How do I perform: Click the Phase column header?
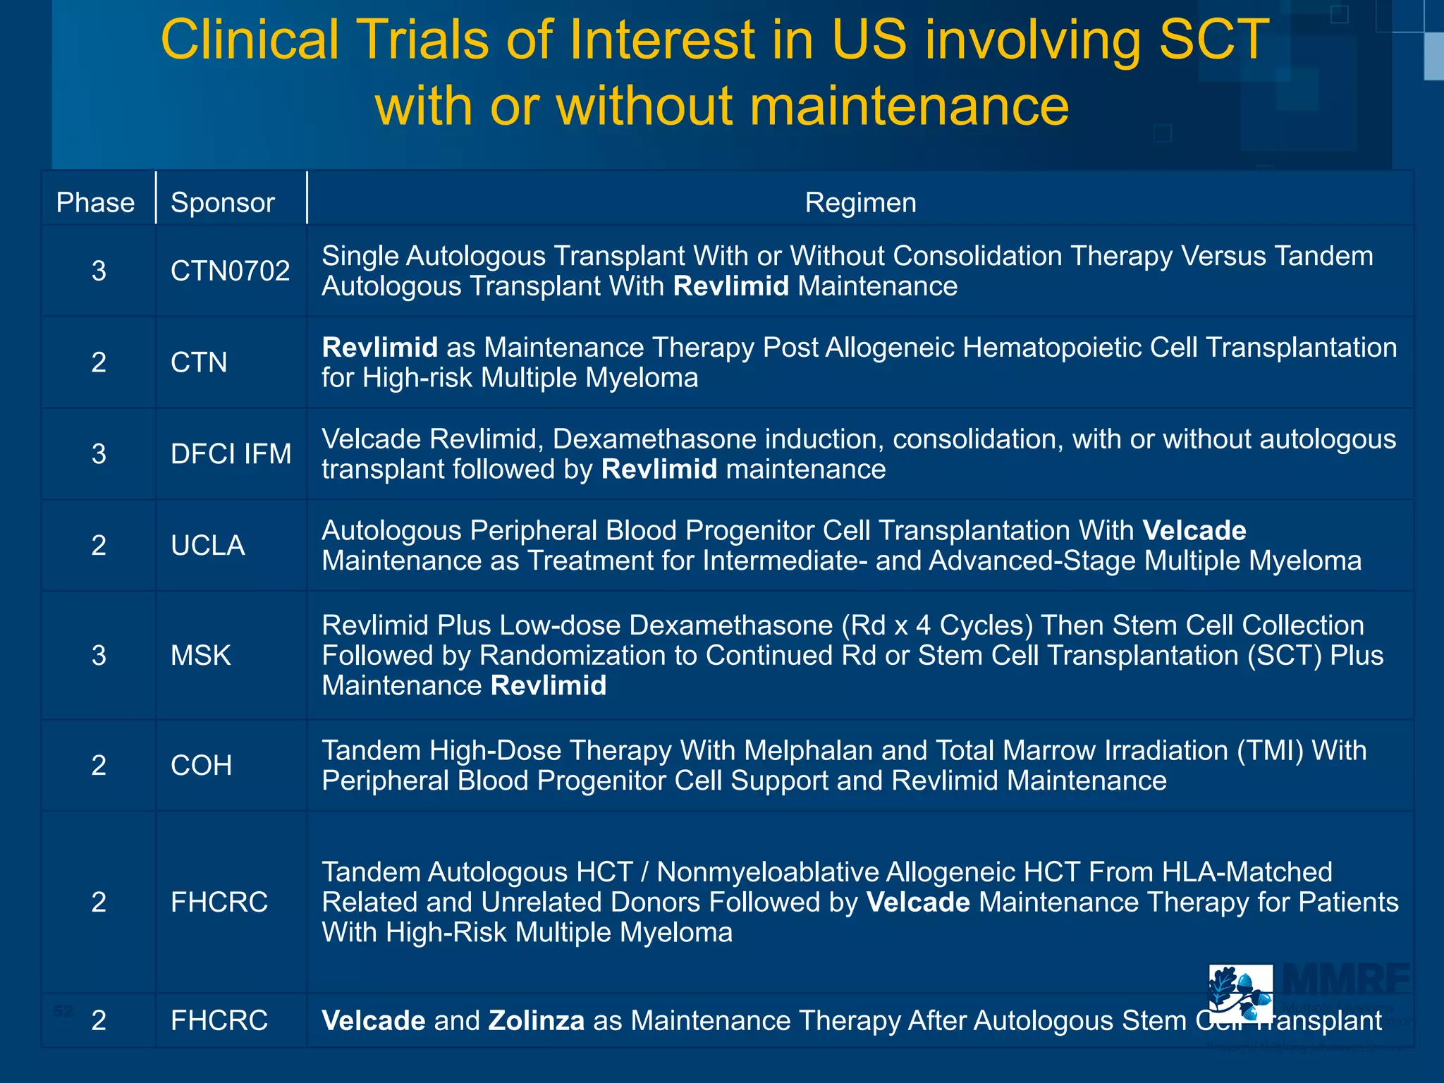[95, 202]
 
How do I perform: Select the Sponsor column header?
[222, 202]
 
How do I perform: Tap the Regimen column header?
[860, 202]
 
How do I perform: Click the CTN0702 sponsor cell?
[230, 271]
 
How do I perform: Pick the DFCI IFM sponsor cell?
[231, 453]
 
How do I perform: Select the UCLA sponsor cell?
[207, 545]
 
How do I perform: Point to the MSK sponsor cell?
[200, 655]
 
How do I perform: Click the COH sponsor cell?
[201, 765]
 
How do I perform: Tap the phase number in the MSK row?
[99, 655]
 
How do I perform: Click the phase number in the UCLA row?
[99, 545]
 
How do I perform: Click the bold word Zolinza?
[536, 1020]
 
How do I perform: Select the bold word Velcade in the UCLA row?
[1194, 530]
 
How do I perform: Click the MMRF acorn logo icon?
[1240, 994]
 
